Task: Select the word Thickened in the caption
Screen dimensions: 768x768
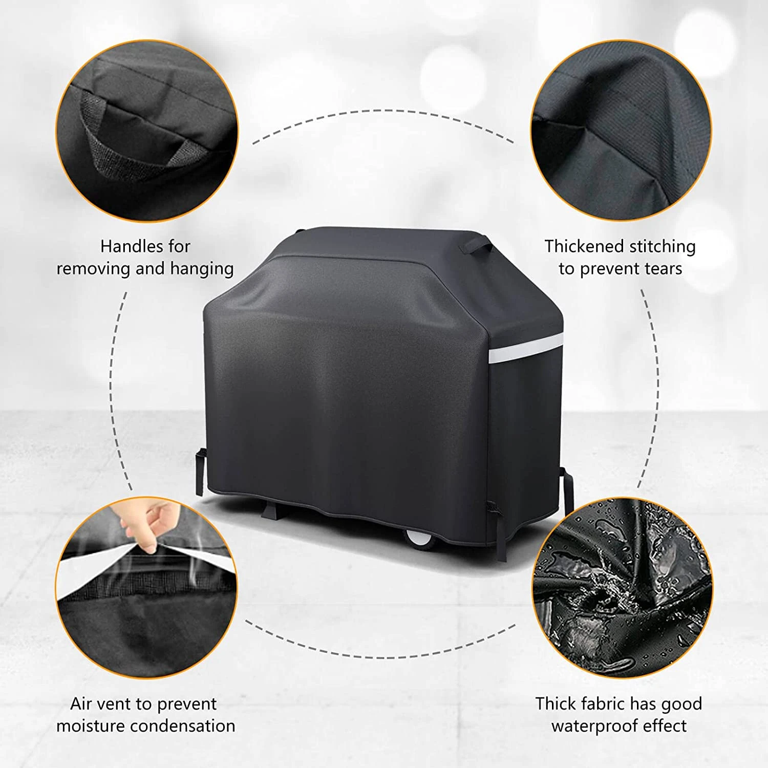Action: coord(584,246)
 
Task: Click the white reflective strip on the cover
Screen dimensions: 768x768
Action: coord(525,352)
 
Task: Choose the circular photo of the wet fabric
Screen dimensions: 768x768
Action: coord(622,589)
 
